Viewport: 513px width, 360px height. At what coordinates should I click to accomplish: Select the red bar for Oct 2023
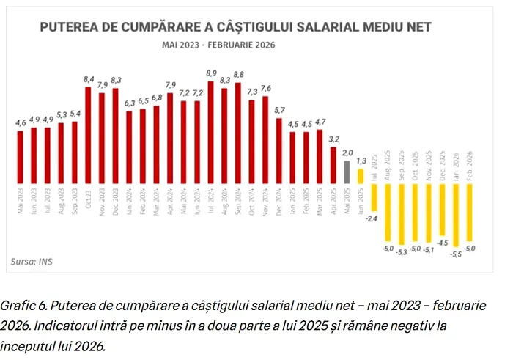click(89, 135)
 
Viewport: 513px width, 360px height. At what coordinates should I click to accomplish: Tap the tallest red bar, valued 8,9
click(211, 132)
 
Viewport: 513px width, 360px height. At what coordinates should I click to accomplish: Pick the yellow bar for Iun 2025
click(361, 176)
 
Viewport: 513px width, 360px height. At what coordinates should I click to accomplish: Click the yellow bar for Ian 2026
click(456, 214)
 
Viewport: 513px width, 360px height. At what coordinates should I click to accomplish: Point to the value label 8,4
click(89, 79)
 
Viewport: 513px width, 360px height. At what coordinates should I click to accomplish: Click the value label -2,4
click(372, 218)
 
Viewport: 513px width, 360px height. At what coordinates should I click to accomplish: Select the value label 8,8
click(238, 75)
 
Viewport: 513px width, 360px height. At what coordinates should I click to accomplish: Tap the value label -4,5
click(442, 242)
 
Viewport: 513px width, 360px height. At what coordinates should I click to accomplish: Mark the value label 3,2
click(333, 138)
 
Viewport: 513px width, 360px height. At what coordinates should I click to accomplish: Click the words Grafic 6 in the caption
click(23, 304)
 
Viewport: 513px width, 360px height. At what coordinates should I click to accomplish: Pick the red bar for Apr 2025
click(333, 164)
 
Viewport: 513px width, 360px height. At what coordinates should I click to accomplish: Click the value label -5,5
click(456, 254)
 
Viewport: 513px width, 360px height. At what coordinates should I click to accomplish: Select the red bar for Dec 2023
click(116, 136)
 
